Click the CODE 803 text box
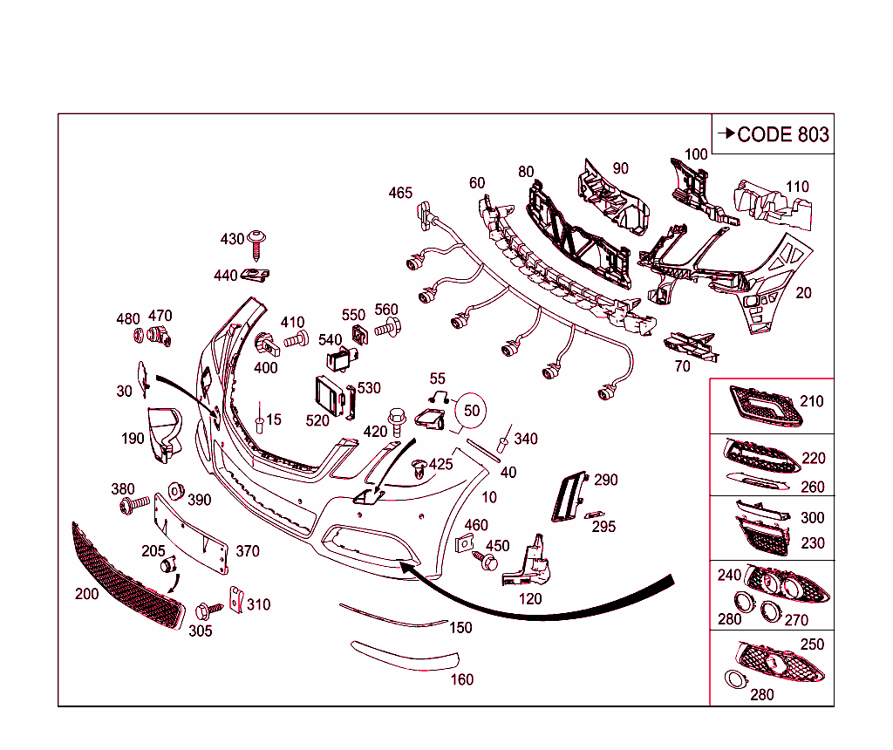[773, 134]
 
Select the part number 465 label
[400, 193]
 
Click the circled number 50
[471, 410]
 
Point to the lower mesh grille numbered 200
[126, 578]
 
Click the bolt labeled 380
[128, 505]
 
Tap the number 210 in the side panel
[811, 402]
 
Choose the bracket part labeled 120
[528, 565]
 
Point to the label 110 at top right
[796, 187]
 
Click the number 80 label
[525, 172]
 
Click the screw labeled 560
[388, 329]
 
